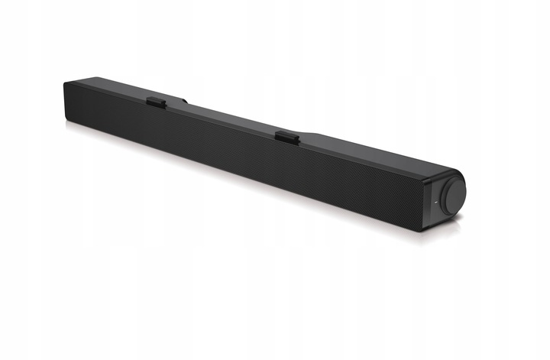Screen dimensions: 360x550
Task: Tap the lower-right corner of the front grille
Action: coord(422,222)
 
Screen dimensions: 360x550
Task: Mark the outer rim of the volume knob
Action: coord(461,183)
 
